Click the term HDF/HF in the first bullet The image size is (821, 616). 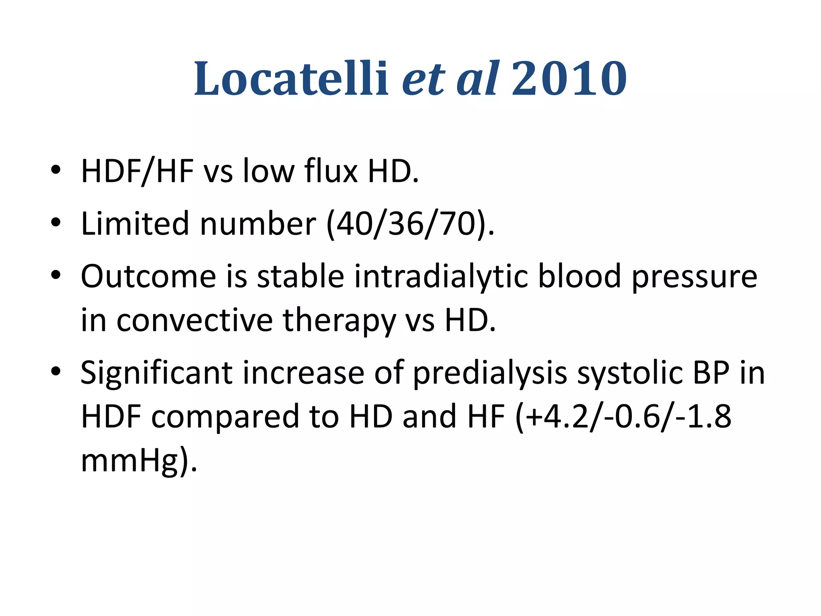click(137, 172)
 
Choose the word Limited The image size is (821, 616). click(135, 224)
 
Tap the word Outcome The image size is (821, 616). click(148, 277)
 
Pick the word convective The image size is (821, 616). click(194, 321)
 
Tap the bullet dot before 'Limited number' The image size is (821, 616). click(56, 223)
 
